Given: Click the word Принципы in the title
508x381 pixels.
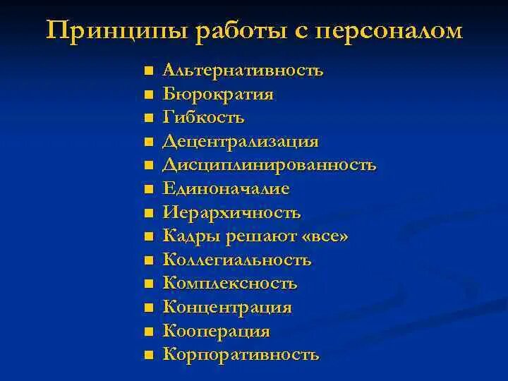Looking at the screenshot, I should [x=98, y=32].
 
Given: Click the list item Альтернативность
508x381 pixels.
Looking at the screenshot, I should [x=243, y=71].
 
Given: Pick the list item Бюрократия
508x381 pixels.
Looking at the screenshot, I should [x=218, y=94].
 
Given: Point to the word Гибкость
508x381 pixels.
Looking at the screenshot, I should [x=203, y=118].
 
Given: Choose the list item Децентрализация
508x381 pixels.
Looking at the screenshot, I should [x=241, y=141].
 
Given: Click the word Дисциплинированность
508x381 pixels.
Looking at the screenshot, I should [x=270, y=165].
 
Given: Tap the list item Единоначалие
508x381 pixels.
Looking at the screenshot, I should [x=226, y=188].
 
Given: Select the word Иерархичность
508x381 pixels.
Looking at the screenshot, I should [x=232, y=212].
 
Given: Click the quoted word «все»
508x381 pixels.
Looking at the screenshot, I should [x=325, y=236].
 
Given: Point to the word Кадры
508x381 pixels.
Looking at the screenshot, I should [x=187, y=236].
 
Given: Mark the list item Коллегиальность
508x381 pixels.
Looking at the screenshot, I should [x=237, y=260].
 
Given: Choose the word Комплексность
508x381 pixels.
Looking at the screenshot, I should [x=230, y=284].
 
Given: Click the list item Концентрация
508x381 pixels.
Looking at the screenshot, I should [x=227, y=307].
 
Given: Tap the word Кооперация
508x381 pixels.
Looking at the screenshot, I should [x=217, y=331].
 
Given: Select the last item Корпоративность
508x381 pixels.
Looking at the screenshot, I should [x=241, y=354].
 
